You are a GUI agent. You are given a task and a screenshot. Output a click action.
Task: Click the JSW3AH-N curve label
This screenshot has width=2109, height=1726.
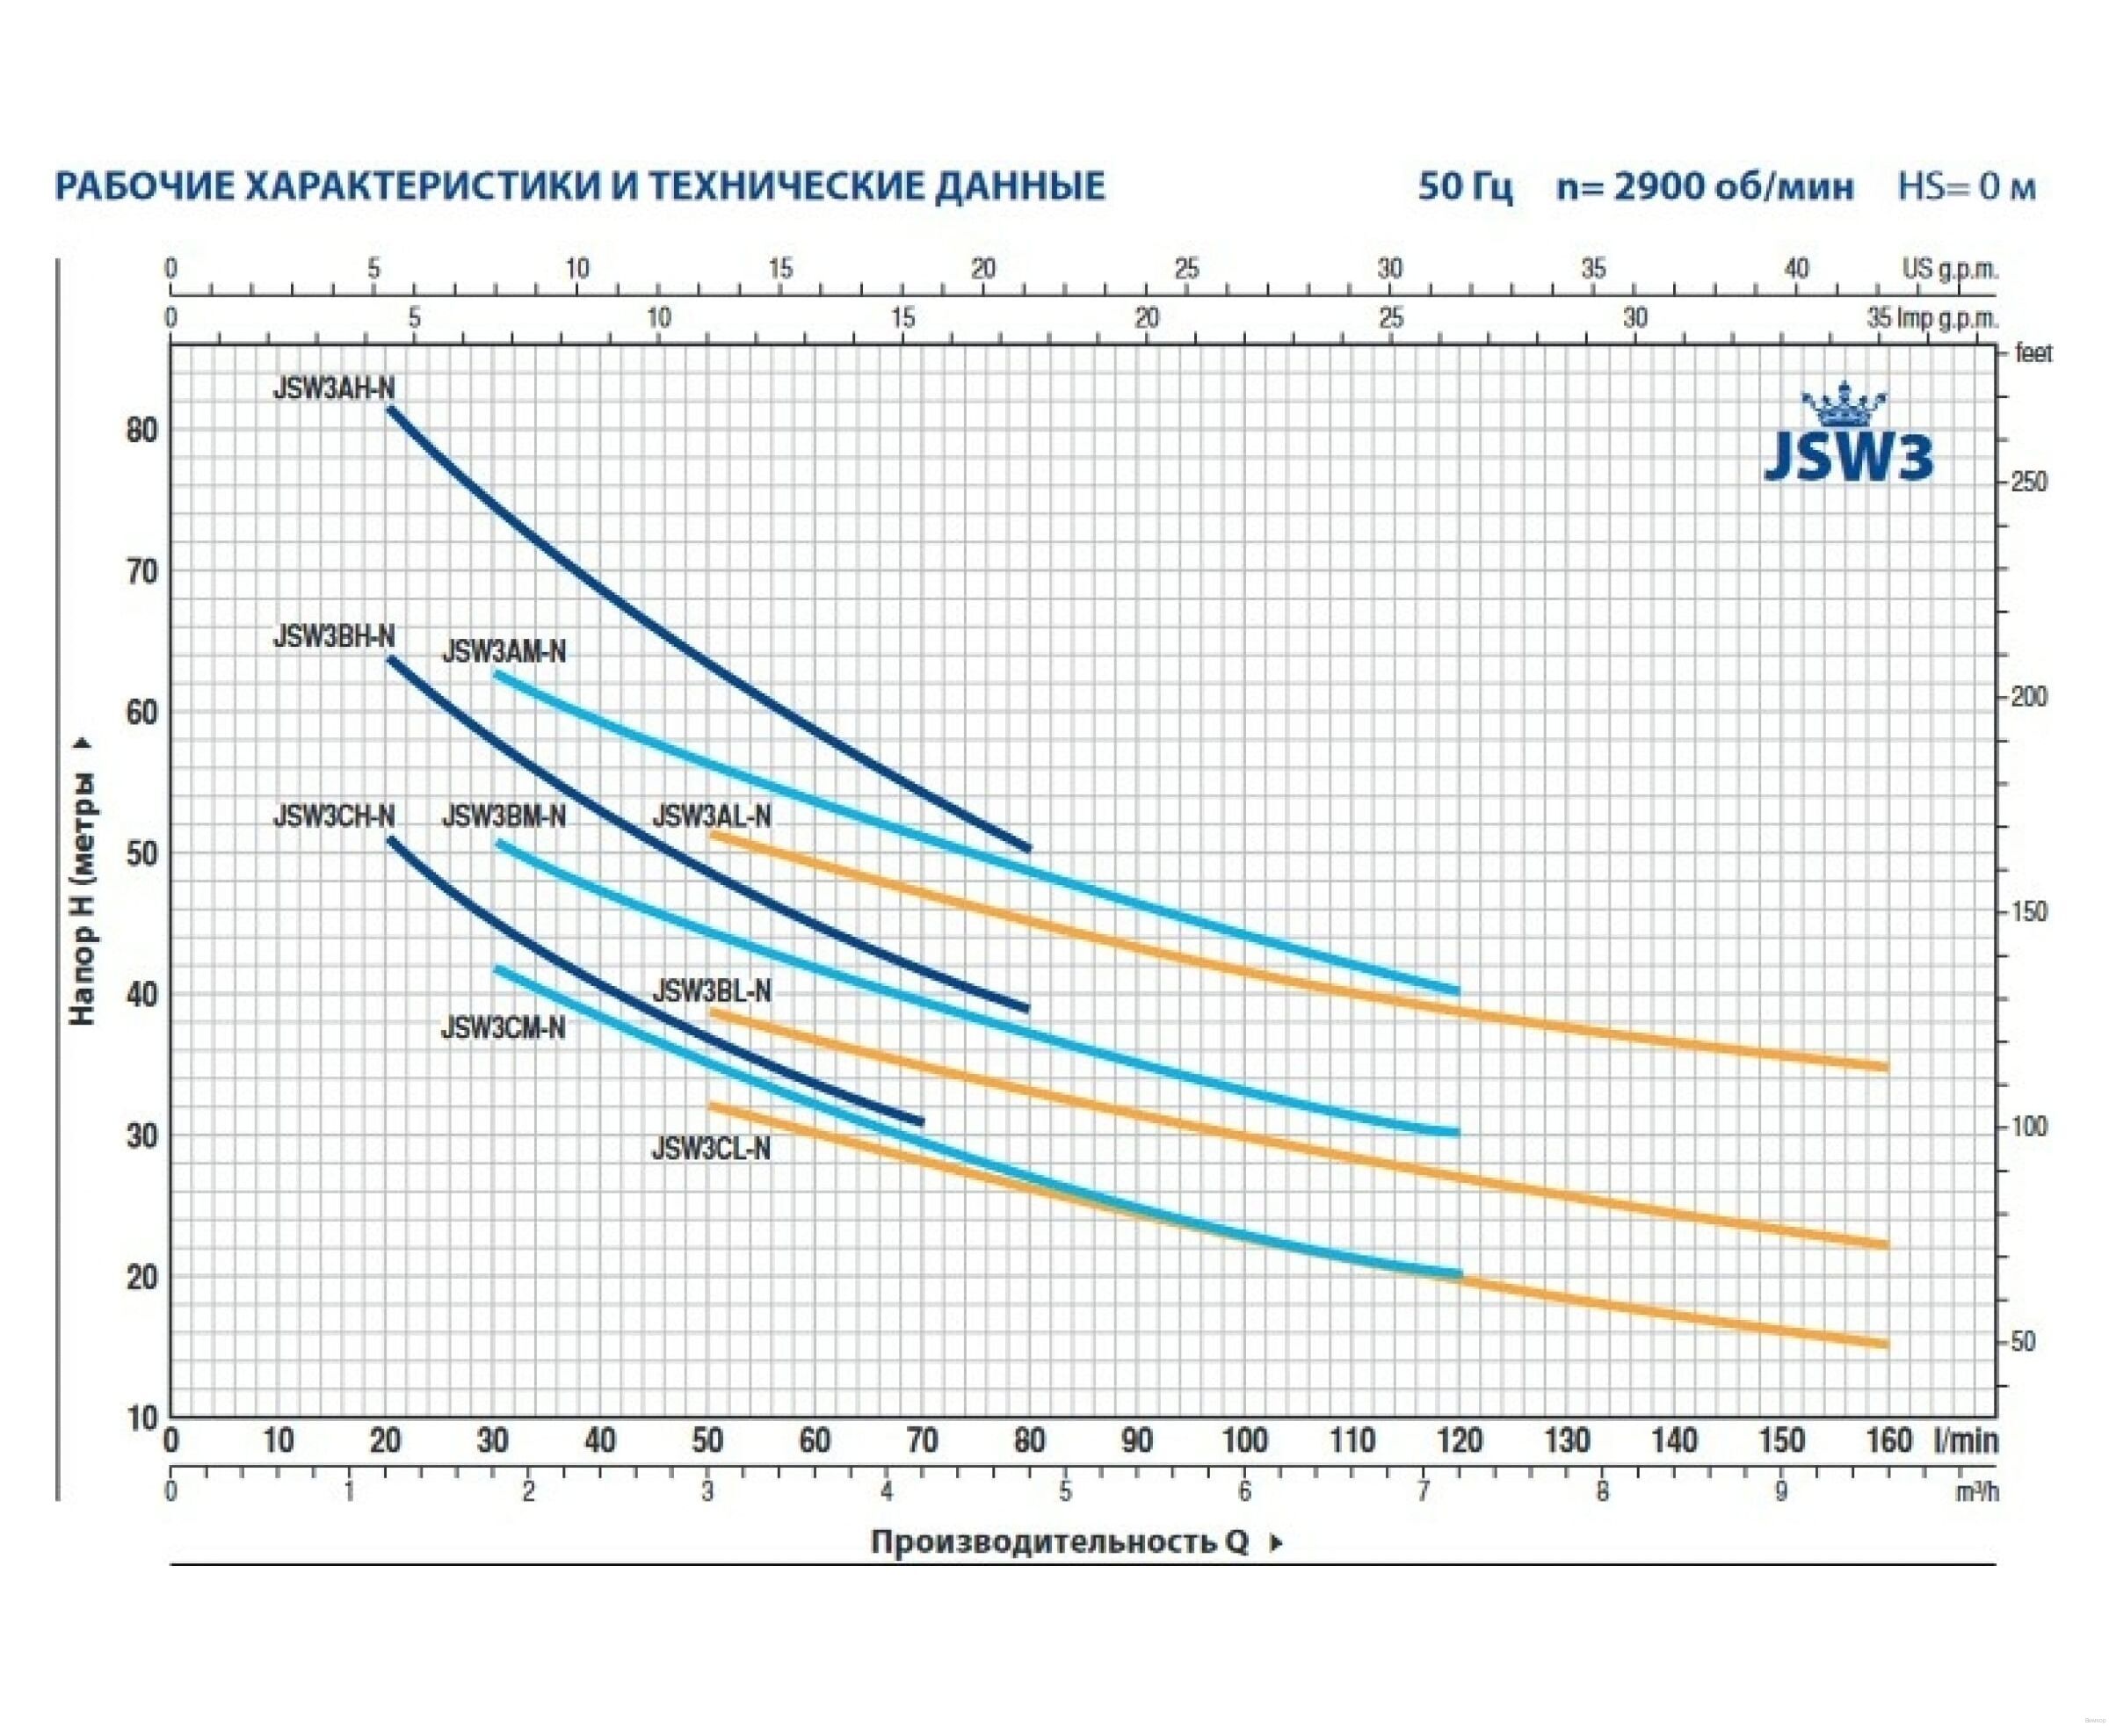coord(333,388)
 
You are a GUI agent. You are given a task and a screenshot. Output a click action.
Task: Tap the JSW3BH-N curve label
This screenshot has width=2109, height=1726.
coord(333,636)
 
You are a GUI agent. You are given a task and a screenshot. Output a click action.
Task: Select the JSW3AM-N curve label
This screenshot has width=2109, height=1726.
coord(504,652)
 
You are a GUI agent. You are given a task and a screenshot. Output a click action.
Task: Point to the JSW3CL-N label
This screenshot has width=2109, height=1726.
coord(711,1149)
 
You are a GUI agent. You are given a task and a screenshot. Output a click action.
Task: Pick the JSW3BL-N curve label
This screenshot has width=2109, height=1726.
coord(711,992)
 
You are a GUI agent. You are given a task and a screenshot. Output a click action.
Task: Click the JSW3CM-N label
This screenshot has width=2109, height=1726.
coord(504,1028)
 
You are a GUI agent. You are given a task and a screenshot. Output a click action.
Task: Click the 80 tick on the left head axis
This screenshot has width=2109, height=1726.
coord(142,431)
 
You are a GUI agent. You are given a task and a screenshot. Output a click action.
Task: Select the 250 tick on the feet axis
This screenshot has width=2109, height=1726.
coord(2028,482)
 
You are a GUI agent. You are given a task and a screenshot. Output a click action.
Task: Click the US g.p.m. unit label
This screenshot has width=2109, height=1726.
coord(1950,268)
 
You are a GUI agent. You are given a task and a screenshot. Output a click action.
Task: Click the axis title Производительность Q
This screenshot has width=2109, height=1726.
coord(1059,1542)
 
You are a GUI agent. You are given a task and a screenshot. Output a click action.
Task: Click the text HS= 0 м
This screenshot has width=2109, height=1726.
coord(1967,187)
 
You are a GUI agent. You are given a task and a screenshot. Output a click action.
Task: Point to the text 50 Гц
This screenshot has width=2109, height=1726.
coord(1466,187)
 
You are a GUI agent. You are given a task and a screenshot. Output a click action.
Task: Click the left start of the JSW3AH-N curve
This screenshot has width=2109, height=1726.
coord(390,409)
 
